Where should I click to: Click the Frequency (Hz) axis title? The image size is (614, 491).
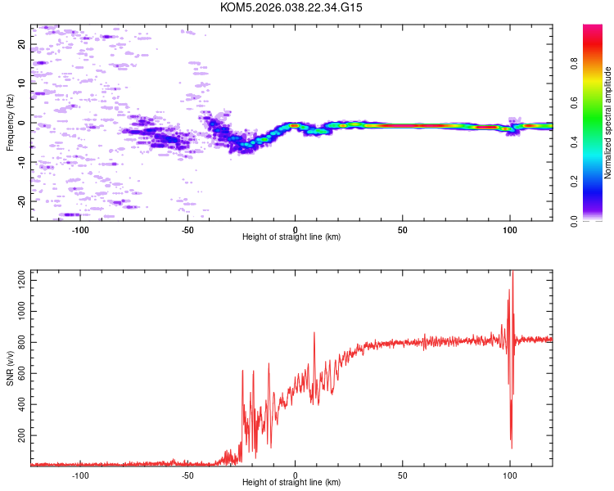point(10,123)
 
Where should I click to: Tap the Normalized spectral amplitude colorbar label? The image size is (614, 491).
point(607,123)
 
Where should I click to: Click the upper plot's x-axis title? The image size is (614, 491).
point(291,236)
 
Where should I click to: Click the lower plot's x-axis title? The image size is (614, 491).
point(291,483)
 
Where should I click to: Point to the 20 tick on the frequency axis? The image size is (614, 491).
point(22,44)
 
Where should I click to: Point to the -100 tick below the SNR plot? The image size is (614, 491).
point(81,475)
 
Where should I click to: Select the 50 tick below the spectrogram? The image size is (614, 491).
point(403,229)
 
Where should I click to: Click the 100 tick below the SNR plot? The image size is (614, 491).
point(510,475)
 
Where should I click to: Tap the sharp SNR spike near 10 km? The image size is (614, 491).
point(314,333)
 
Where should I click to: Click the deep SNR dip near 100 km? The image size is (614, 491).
point(512,447)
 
